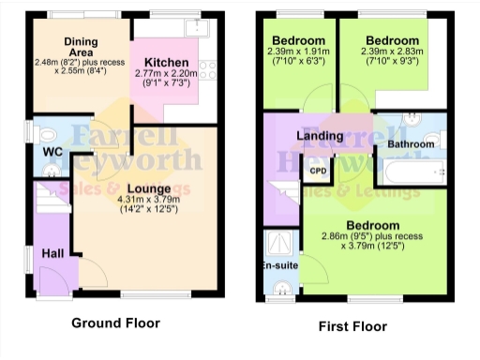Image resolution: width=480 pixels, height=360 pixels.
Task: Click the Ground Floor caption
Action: pyautogui.click(x=115, y=323)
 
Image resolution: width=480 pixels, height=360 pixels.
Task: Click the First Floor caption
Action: pyautogui.click(x=352, y=326)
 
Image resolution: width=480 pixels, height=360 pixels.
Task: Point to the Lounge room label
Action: pyautogui.click(x=149, y=189)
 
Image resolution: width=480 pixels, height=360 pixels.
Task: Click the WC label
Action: pyautogui.click(x=52, y=151)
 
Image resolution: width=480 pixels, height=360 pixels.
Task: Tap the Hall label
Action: pyautogui.click(x=52, y=252)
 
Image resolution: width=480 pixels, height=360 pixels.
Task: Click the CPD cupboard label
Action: pyautogui.click(x=319, y=171)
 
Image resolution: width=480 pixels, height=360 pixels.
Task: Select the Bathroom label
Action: pyautogui.click(x=411, y=144)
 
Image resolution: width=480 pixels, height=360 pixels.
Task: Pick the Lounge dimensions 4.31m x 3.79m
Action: pyautogui.click(x=149, y=203)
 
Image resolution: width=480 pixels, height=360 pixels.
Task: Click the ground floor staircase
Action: pyautogui.click(x=47, y=202)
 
